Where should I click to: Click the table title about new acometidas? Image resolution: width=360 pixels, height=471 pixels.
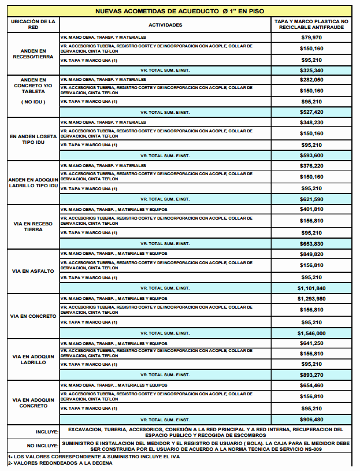[x=179, y=10]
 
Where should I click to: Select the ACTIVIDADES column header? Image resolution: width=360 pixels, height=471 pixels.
[x=165, y=25]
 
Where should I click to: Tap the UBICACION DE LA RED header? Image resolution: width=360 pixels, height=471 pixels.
[x=33, y=24]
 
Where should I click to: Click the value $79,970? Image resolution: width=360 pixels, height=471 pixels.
[x=311, y=38]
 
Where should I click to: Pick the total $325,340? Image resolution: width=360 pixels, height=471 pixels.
[x=311, y=70]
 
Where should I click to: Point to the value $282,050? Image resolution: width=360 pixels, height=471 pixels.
[x=311, y=80]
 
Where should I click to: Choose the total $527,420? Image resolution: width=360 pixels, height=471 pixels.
[x=311, y=112]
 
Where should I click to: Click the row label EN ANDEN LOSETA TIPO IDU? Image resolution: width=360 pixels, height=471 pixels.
[x=33, y=139]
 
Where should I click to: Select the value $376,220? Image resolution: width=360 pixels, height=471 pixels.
[x=311, y=166]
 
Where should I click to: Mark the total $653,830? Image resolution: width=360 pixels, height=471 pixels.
[x=311, y=243]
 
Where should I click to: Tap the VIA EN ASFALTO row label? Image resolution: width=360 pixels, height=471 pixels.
[x=33, y=271]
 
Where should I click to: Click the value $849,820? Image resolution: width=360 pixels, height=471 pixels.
[x=311, y=254]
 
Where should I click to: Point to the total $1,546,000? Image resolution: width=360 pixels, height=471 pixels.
[x=311, y=333]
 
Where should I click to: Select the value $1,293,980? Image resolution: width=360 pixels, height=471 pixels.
[x=311, y=299]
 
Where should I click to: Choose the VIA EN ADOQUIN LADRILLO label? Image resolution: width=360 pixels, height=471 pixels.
[x=33, y=359]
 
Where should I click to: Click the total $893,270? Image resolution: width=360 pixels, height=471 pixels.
[x=311, y=374]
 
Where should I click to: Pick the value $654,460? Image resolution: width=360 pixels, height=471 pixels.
[x=311, y=385]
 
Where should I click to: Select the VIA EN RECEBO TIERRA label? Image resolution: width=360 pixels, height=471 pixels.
[x=33, y=226]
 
